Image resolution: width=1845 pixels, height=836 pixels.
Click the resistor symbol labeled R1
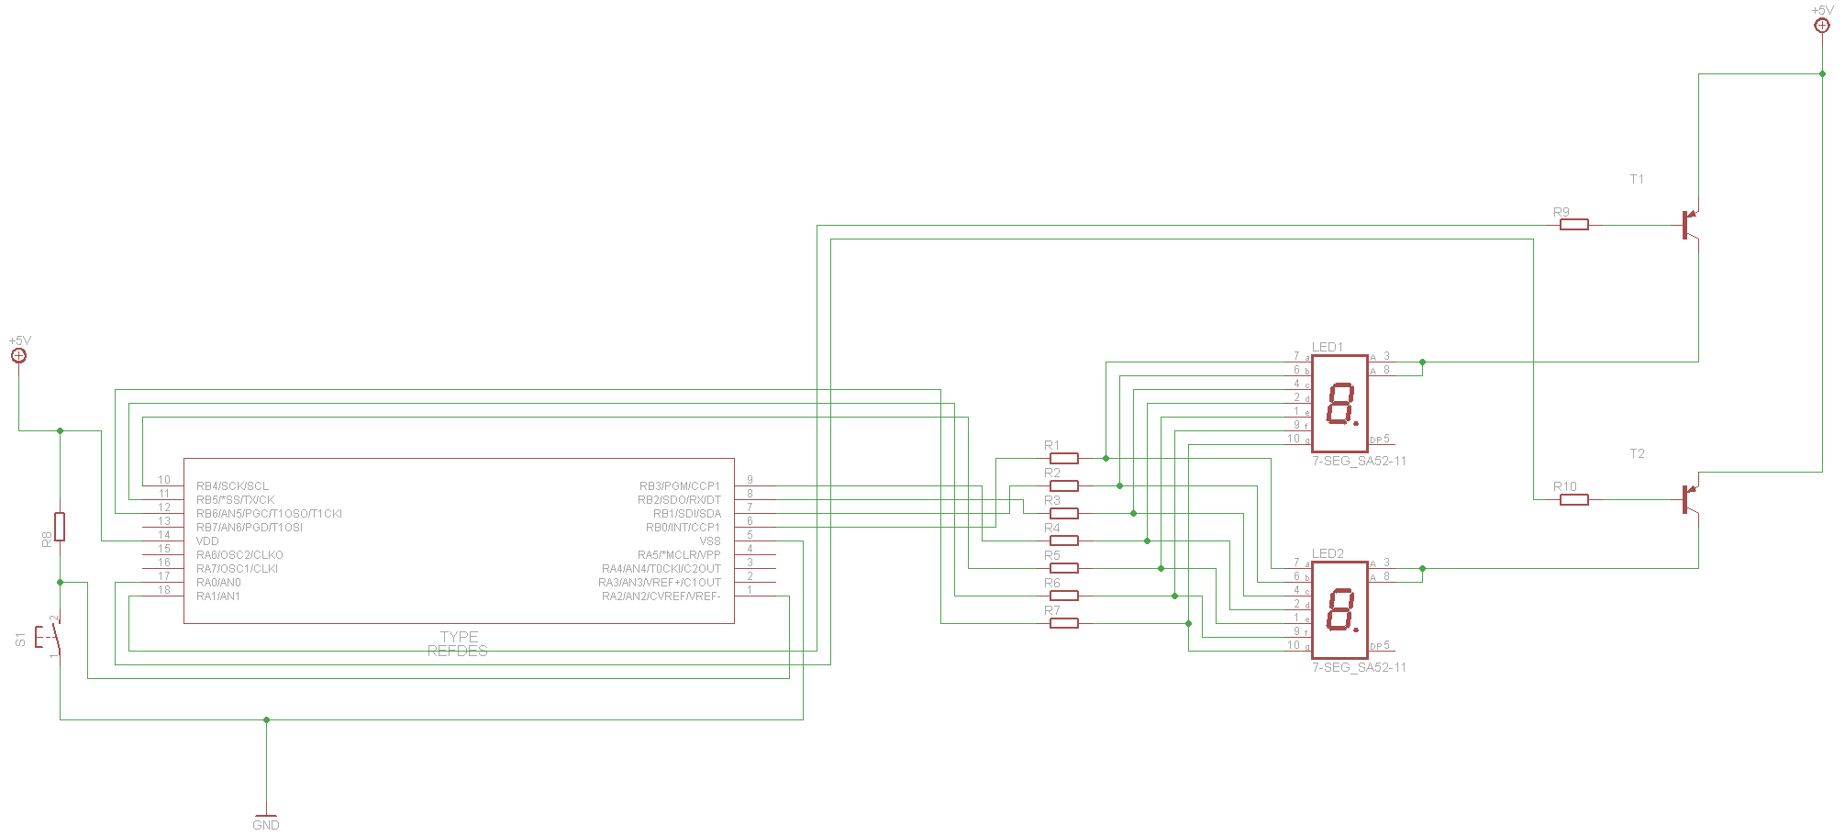click(1063, 458)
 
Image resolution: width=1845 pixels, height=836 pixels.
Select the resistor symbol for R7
click(1063, 623)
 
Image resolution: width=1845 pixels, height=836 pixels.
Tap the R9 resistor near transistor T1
click(1573, 225)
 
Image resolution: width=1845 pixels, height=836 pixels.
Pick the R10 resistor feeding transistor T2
click(1573, 500)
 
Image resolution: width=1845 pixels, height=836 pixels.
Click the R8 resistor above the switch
click(60, 527)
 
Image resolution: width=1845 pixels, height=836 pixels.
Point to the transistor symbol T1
click(1689, 225)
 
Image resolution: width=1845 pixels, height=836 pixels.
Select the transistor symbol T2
click(1689, 499)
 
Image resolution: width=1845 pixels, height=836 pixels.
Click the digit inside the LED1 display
click(1341, 404)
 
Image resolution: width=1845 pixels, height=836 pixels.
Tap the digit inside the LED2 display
click(1341, 610)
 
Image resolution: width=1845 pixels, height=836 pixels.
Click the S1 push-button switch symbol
click(51, 635)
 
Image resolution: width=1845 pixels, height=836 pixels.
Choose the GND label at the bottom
click(266, 825)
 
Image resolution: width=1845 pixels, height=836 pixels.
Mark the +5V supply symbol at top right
click(1822, 25)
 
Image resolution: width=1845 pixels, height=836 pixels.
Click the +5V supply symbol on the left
click(18, 354)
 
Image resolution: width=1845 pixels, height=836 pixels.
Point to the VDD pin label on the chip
click(207, 541)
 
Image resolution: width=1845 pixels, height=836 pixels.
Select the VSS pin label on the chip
click(710, 541)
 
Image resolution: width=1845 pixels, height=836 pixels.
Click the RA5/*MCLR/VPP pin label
click(679, 555)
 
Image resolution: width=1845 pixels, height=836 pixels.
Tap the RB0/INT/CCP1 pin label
click(683, 528)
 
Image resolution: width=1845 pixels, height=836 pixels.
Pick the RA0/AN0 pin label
click(218, 583)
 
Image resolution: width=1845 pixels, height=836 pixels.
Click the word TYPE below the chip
click(459, 637)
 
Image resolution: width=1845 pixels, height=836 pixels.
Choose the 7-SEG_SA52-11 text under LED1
click(1359, 461)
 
